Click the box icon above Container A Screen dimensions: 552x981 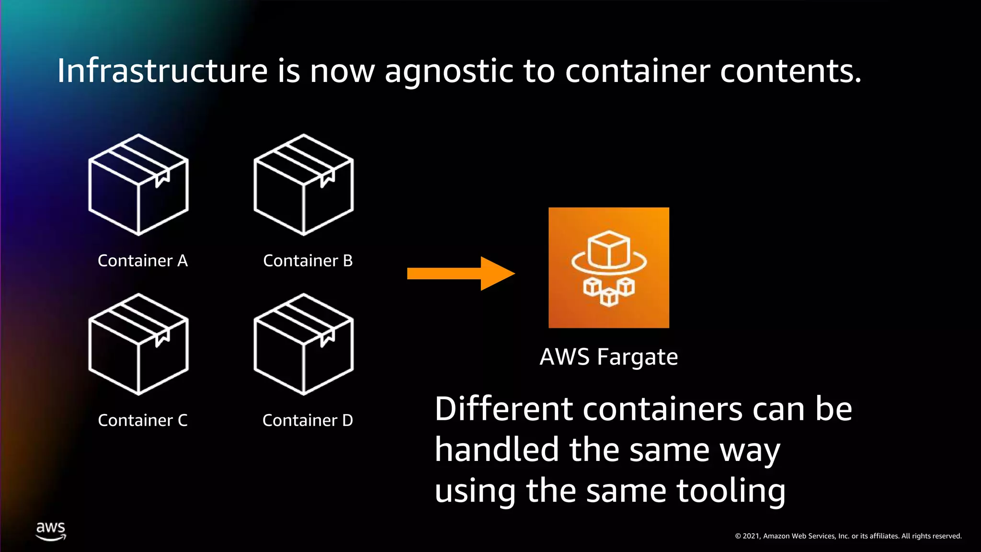tap(138, 185)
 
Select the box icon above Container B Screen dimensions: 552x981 tap(304, 185)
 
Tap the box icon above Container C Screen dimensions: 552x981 tap(138, 345)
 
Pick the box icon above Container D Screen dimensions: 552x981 tap(304, 345)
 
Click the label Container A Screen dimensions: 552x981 tap(143, 261)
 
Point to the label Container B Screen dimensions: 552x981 tap(308, 261)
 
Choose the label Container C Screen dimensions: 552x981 tap(143, 420)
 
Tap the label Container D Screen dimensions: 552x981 tap(308, 420)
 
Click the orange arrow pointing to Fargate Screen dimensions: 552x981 tap(460, 274)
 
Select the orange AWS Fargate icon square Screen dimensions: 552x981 tap(609, 268)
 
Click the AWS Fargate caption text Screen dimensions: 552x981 tap(609, 357)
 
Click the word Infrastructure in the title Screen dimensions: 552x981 tap(162, 71)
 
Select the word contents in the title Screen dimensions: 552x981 tap(790, 71)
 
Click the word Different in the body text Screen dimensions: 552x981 tap(504, 409)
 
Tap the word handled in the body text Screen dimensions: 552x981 tap(497, 450)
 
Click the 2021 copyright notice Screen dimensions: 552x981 tap(848, 536)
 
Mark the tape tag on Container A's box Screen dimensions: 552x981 tap(162, 178)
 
